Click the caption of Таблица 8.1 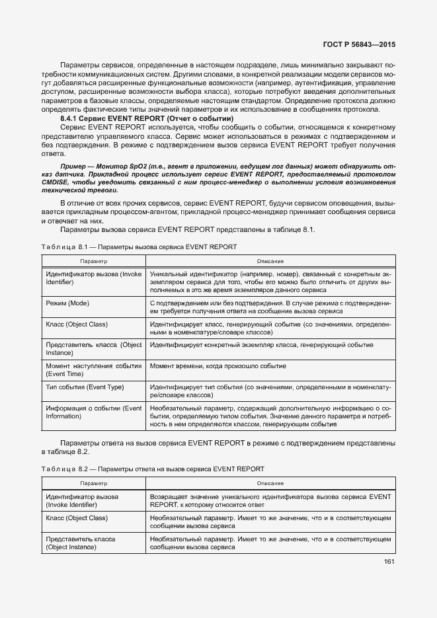pyautogui.click(x=139, y=246)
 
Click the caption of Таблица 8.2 pyautogui.click(x=152, y=469)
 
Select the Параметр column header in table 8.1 pyautogui.click(x=93, y=262)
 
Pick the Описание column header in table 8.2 pyautogui.click(x=270, y=484)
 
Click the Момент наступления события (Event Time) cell pyautogui.click(x=93, y=369)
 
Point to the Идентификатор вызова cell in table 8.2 pyautogui.click(x=81, y=500)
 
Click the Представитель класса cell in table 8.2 pyautogui.click(x=81, y=543)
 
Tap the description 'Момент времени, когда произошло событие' pyautogui.click(x=218, y=366)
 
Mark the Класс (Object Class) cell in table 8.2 pyautogui.click(x=76, y=518)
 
